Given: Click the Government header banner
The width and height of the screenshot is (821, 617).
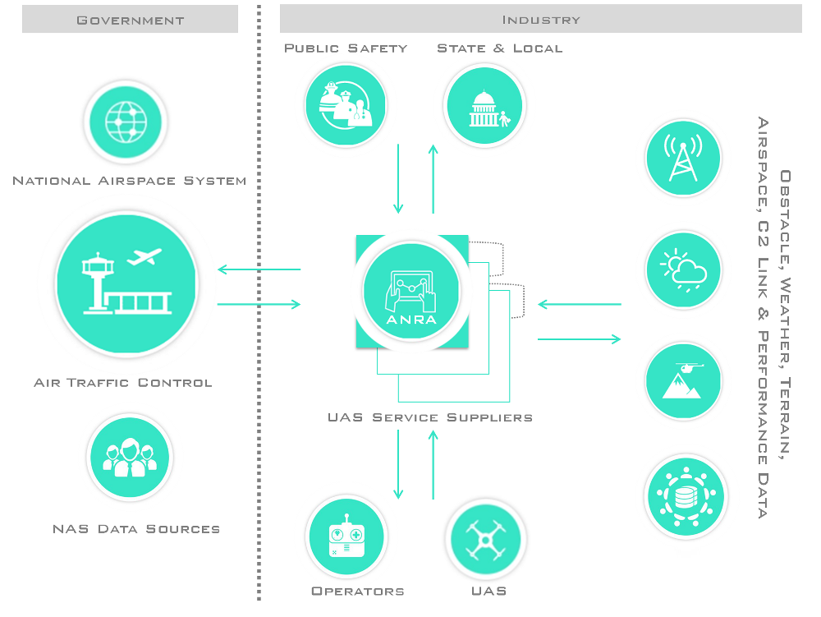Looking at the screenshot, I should [130, 19].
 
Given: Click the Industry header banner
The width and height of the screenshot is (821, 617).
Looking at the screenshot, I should [540, 19].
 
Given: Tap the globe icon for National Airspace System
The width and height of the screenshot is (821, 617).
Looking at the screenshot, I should [126, 122].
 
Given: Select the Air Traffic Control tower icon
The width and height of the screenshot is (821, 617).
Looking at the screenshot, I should [126, 283].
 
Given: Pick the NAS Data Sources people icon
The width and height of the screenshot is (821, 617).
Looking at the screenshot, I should [129, 457].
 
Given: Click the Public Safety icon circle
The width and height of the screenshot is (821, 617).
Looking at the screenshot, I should [346, 105].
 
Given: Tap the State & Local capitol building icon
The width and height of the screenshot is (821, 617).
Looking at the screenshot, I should [484, 105].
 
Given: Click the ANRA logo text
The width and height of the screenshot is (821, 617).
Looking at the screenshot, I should [412, 319].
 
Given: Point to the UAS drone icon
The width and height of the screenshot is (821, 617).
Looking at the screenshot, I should [485, 540].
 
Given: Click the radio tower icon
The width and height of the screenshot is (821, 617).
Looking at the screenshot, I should [683, 158].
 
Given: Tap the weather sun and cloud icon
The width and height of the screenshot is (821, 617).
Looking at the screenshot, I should [683, 269].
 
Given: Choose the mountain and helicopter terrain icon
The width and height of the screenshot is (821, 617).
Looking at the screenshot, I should [683, 381].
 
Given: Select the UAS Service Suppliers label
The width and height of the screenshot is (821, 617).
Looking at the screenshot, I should [429, 417].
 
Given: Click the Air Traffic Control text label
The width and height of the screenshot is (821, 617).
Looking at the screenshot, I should [123, 383].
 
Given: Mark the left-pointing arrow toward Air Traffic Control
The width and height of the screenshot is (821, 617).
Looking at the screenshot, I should [259, 269].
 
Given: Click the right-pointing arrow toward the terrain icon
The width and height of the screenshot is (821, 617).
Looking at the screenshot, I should [580, 338].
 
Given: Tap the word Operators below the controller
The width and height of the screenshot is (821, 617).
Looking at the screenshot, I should [358, 592].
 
